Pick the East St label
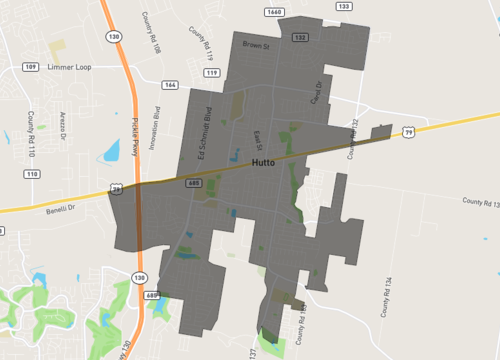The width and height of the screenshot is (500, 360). pos(258,137)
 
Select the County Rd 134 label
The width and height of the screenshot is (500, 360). pos(384,298)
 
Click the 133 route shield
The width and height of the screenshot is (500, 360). pos(344,6)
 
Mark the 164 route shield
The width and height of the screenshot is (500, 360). pos(170,85)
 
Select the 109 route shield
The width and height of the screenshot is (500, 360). pos(30,67)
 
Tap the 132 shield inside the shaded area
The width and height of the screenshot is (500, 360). pos(299,37)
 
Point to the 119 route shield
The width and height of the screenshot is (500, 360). pos(212,73)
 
